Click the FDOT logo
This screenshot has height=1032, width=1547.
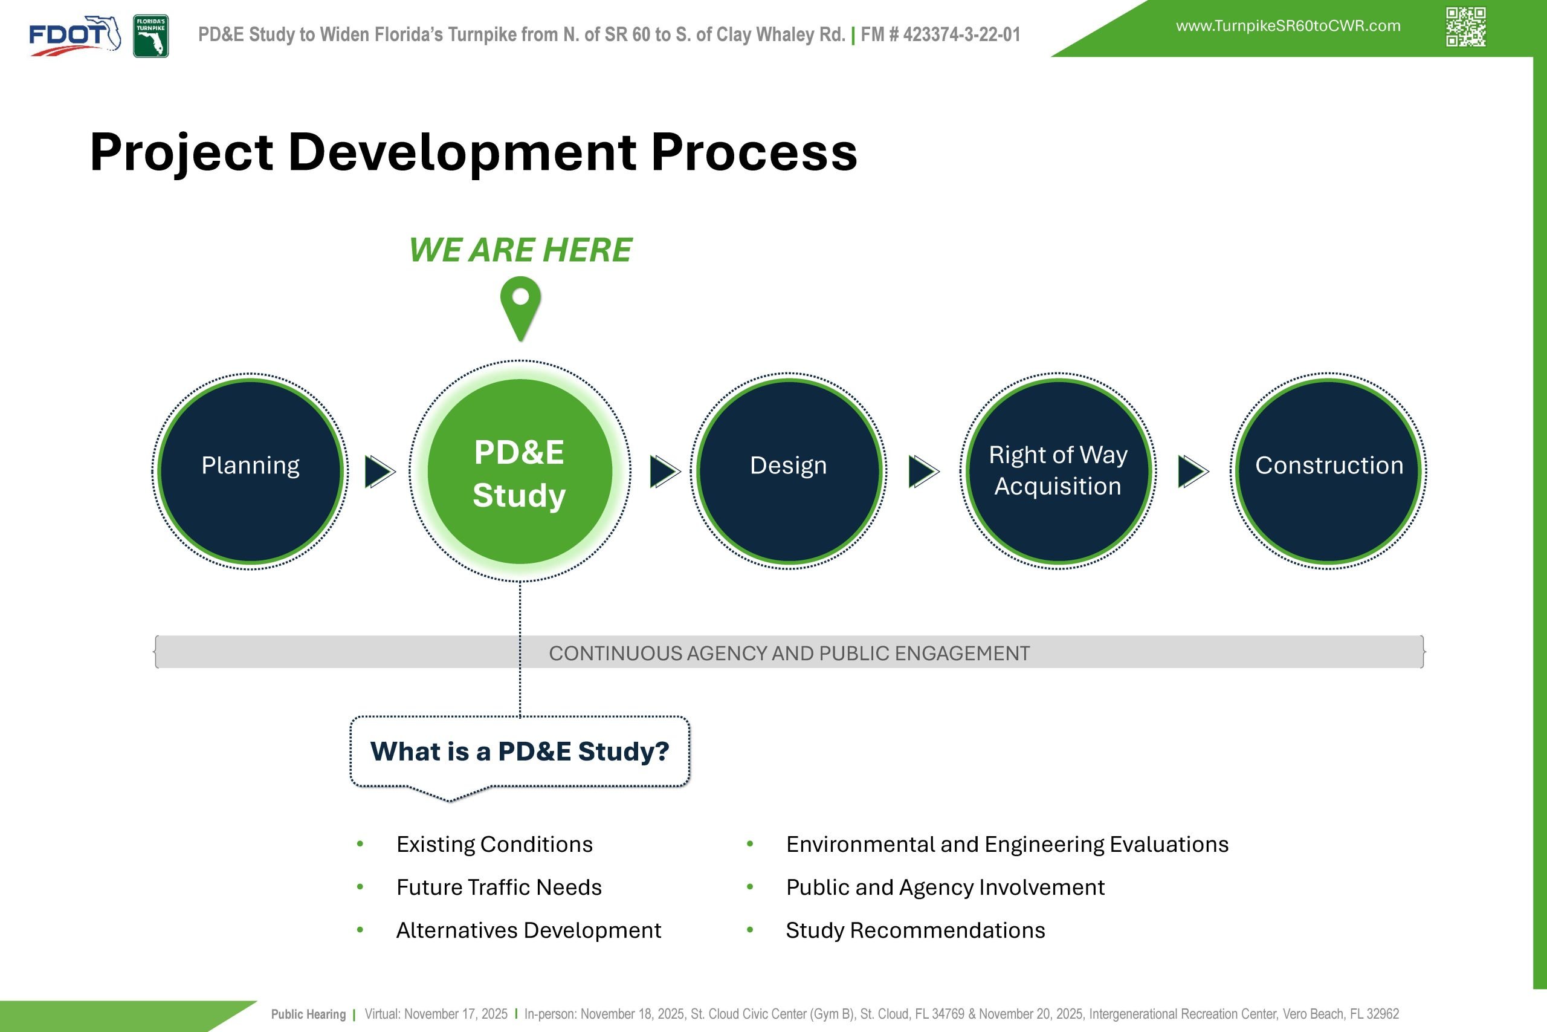coord(74,36)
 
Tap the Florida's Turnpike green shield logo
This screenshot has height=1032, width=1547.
coord(150,36)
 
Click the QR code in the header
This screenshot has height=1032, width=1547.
coord(1465,27)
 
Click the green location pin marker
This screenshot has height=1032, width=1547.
coord(520,307)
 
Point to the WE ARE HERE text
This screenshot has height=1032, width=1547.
coord(520,250)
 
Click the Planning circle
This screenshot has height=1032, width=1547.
coord(251,471)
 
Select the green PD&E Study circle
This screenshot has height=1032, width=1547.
coord(520,471)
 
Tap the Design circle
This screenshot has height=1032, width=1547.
coord(789,471)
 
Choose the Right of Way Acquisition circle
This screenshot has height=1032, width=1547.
coord(1058,471)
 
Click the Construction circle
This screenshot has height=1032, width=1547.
coord(1329,471)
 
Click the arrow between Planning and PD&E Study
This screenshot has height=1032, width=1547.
coord(379,471)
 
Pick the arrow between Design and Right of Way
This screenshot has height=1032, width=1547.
coord(923,471)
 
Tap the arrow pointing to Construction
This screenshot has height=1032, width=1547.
coord(1192,471)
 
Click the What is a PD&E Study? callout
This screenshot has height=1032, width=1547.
coord(520,751)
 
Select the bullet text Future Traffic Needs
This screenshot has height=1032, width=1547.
coord(499,887)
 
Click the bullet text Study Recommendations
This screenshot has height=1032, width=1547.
coord(915,930)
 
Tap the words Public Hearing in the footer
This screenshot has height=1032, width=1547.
coord(308,1014)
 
